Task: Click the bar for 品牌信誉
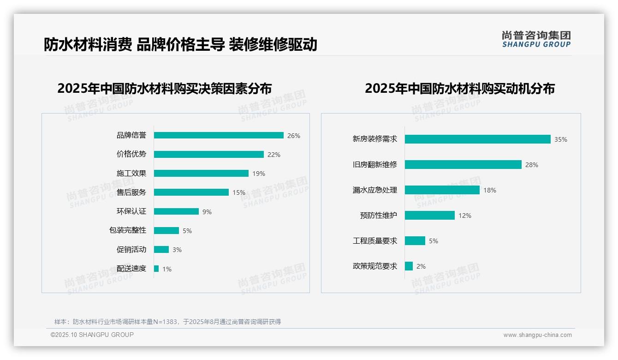click(219, 135)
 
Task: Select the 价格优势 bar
click(208, 154)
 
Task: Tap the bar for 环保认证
click(176, 211)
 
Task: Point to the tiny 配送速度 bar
click(156, 269)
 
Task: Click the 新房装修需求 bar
click(477, 139)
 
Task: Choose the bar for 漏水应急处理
click(442, 190)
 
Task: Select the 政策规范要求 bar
click(409, 266)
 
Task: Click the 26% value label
click(293, 136)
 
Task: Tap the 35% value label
click(560, 139)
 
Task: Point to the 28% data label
click(531, 165)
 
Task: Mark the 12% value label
click(464, 216)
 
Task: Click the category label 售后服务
click(131, 192)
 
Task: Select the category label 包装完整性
click(127, 230)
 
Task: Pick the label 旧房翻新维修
click(374, 165)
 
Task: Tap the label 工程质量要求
click(374, 241)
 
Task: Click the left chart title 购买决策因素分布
click(164, 88)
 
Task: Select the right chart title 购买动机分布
click(459, 88)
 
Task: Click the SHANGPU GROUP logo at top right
click(536, 39)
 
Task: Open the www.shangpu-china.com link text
click(537, 335)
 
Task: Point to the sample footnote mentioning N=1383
click(167, 322)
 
